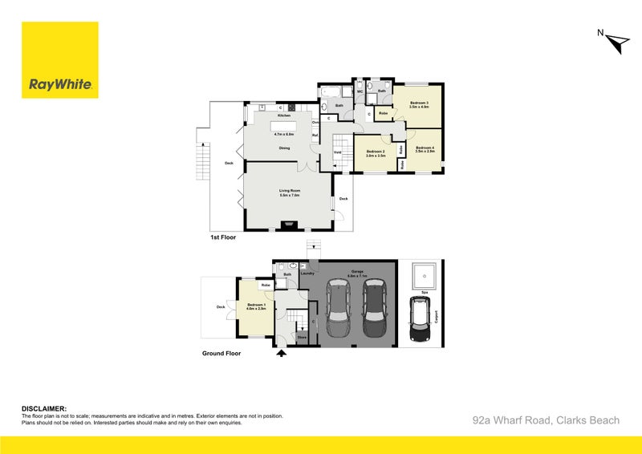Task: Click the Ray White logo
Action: [x=60, y=60]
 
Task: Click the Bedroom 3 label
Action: [x=420, y=104]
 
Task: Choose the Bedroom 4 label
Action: [x=425, y=149]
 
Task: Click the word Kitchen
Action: [x=283, y=116]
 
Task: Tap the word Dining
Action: [x=284, y=148]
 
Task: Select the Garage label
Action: [x=356, y=273]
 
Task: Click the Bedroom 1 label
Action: [x=256, y=306]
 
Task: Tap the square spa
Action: [x=421, y=278]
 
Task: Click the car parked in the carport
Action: [x=419, y=318]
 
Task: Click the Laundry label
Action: [x=307, y=274]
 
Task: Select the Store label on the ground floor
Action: [x=302, y=338]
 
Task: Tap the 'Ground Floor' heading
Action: [x=221, y=352]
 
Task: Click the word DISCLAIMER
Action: [x=43, y=408]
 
